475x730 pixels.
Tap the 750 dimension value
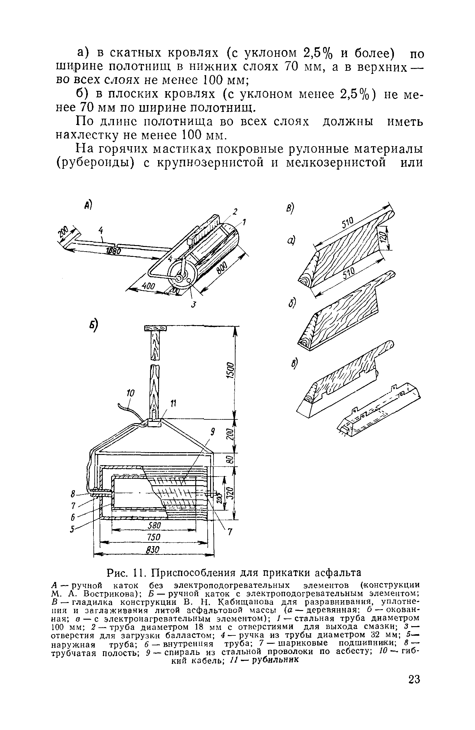(153, 537)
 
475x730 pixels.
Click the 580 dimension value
(153, 526)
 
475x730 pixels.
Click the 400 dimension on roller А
(148, 287)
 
